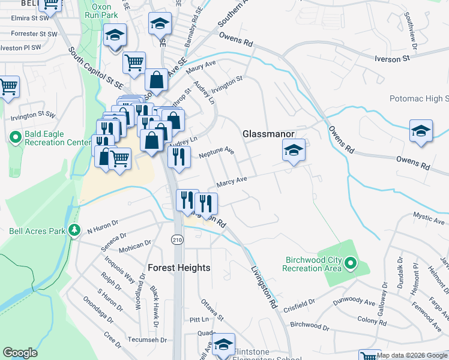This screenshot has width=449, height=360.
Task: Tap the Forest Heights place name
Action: tap(179, 268)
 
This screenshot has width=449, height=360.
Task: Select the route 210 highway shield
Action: tap(178, 239)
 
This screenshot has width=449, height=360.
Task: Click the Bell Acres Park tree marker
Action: tap(75, 230)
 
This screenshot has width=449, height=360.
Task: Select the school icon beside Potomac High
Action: tap(421, 131)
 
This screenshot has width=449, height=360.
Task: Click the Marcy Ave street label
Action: tap(232, 181)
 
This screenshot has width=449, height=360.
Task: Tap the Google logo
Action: tap(20, 353)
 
